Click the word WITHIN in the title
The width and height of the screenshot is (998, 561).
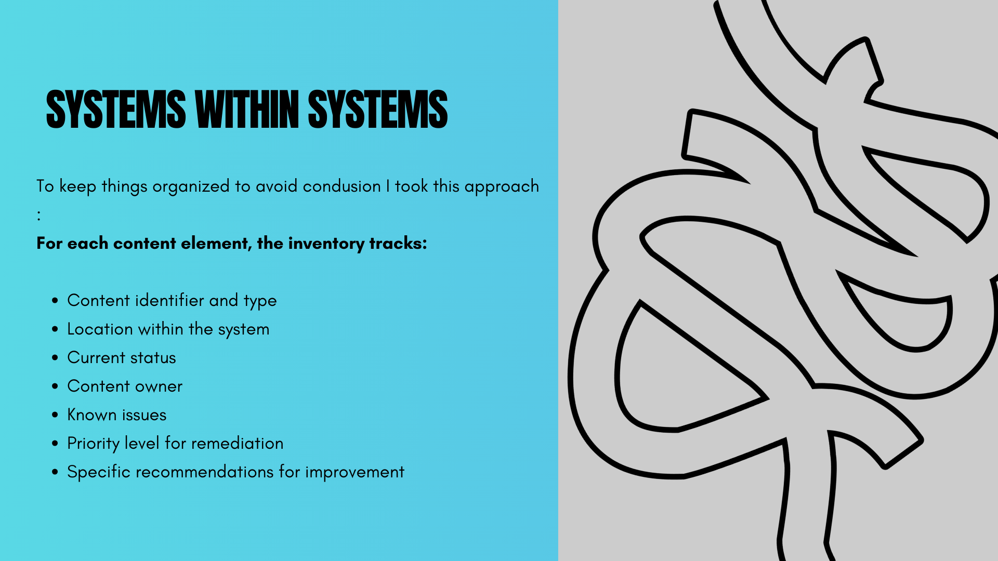click(247, 109)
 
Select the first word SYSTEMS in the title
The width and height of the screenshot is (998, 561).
click(116, 109)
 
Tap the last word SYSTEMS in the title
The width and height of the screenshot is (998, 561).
click(378, 109)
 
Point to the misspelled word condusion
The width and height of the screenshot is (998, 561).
click(342, 186)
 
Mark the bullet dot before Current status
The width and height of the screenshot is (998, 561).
click(55, 358)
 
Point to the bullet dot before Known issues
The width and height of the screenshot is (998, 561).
click(55, 415)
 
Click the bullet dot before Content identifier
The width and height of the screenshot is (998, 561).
click(55, 301)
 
